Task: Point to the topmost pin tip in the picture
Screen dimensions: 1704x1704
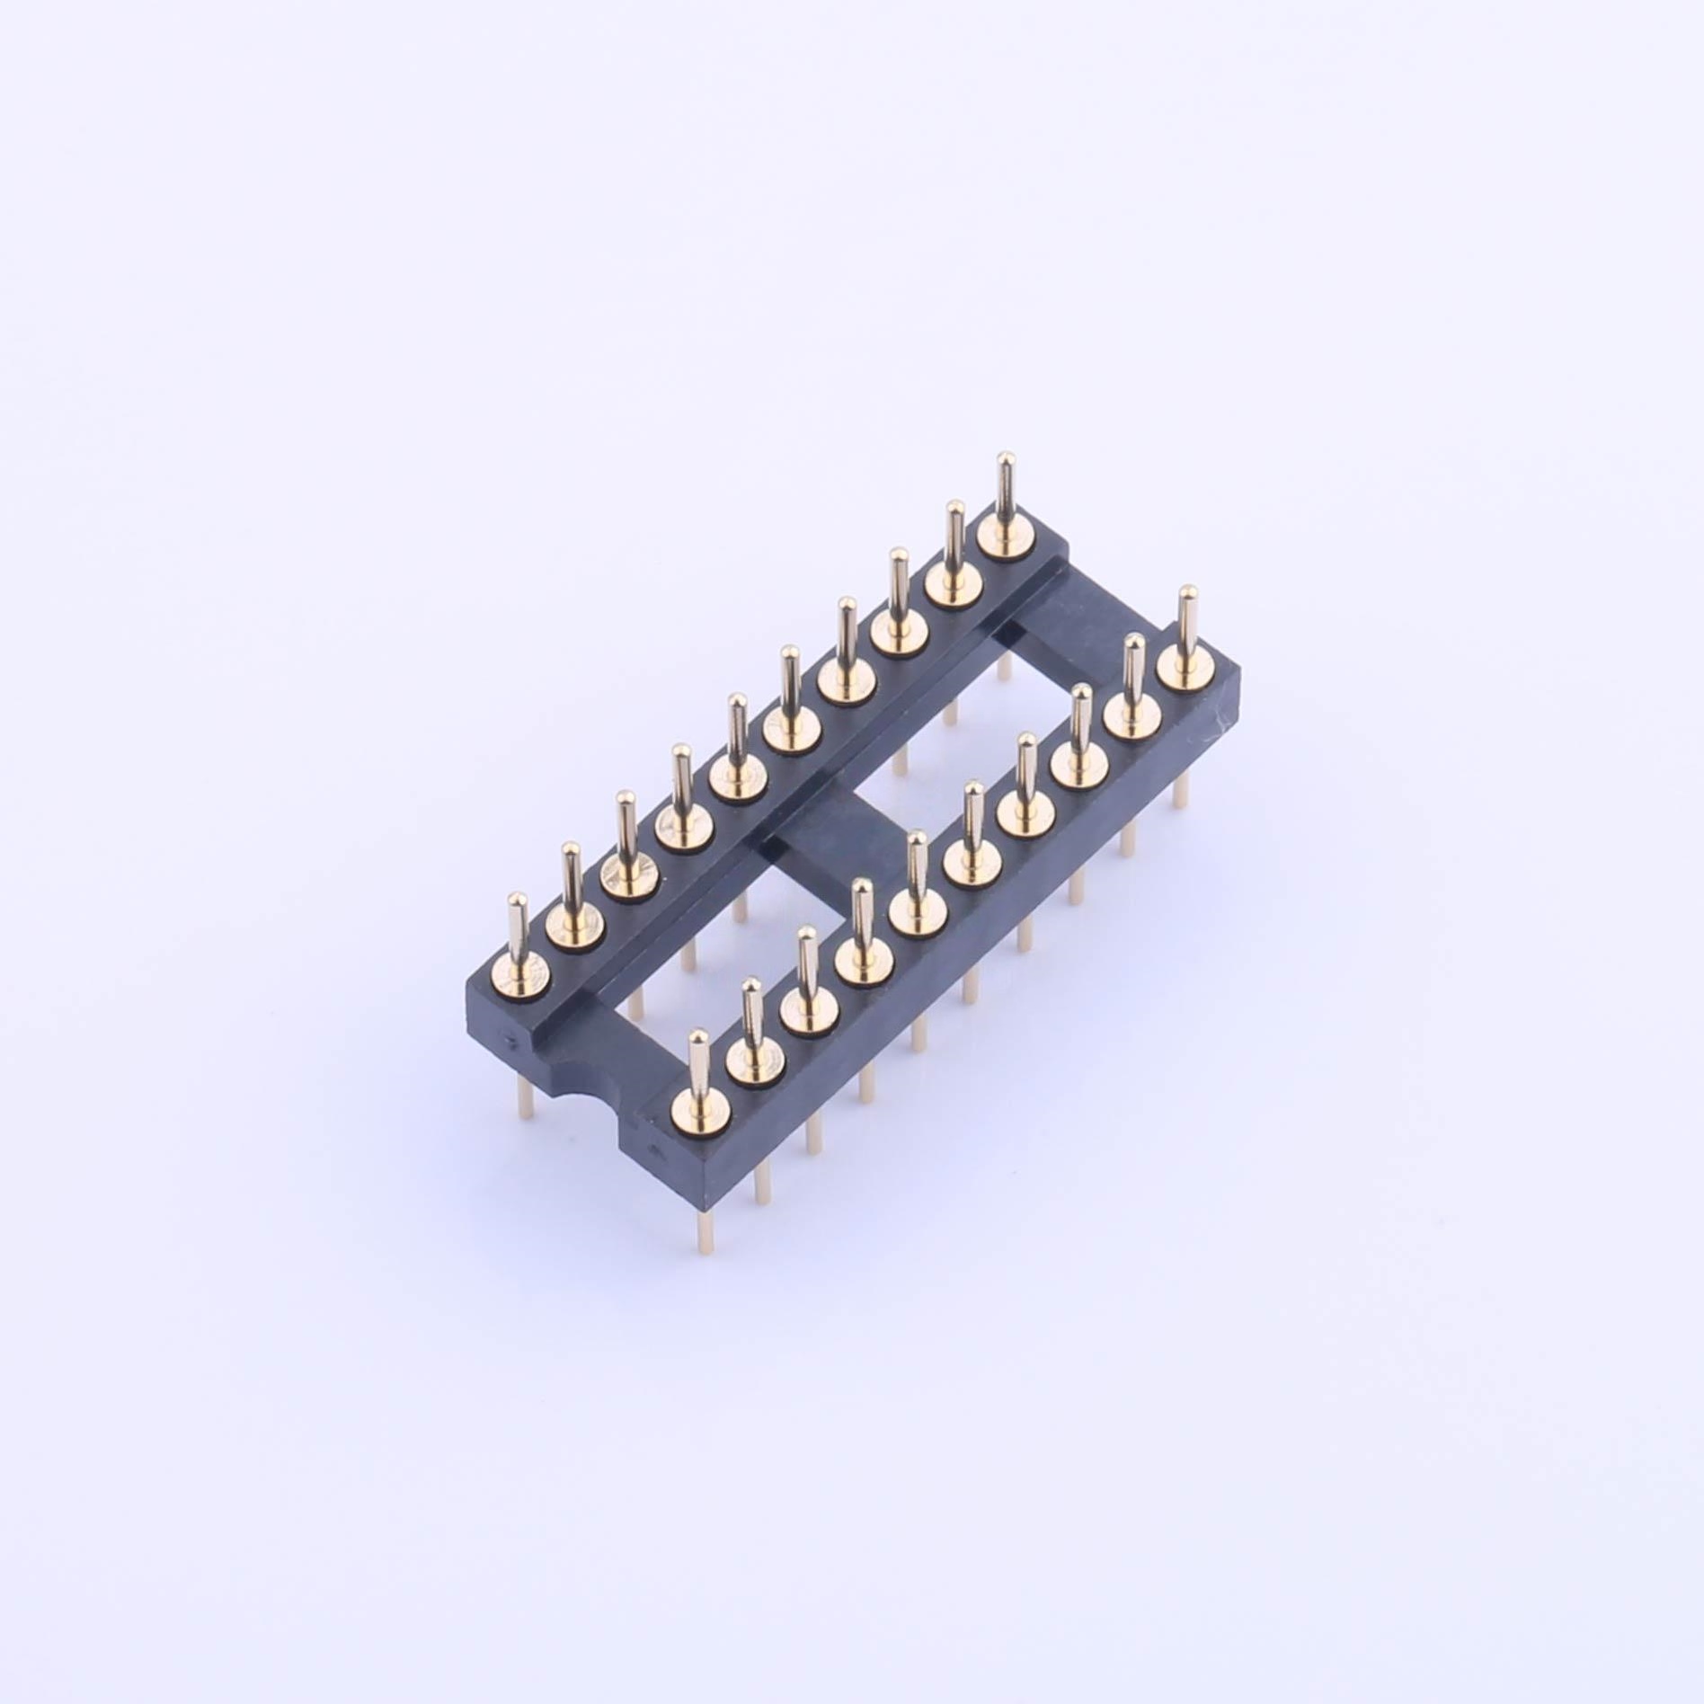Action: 1007,459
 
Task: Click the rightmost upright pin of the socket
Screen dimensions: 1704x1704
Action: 1186,620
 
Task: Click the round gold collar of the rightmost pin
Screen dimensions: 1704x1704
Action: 1183,667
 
